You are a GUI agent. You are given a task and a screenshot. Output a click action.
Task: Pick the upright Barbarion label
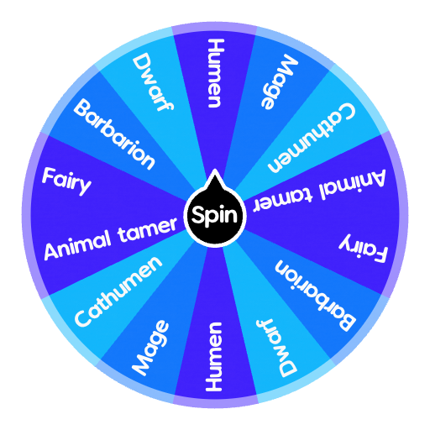115,134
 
